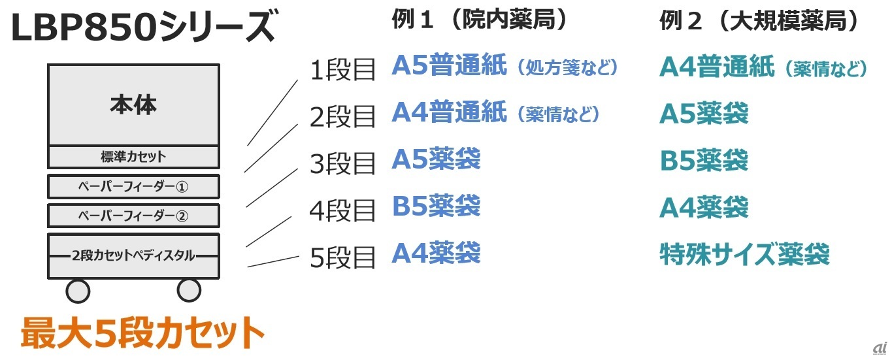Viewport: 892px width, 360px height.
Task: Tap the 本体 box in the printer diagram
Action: pyautogui.click(x=133, y=105)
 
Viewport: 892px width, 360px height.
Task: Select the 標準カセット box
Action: pyautogui.click(x=133, y=157)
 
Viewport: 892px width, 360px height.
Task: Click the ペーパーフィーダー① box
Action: pyautogui.click(x=133, y=187)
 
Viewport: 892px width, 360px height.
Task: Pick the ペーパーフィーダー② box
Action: pyautogui.click(x=133, y=216)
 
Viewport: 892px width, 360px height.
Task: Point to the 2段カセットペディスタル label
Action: pyautogui.click(x=133, y=255)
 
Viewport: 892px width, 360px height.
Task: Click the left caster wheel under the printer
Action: pyautogui.click(x=78, y=290)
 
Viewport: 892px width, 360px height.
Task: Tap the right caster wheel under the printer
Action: pyautogui.click(x=189, y=290)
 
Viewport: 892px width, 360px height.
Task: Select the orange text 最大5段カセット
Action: pyautogui.click(x=142, y=334)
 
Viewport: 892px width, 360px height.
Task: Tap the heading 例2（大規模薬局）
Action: pyautogui.click(x=758, y=22)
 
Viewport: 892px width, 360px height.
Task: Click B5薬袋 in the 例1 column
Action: pyautogui.click(x=436, y=206)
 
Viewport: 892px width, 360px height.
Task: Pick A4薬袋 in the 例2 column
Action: pyautogui.click(x=704, y=208)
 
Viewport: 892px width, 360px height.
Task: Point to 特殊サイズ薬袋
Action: pyautogui.click(x=744, y=254)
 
